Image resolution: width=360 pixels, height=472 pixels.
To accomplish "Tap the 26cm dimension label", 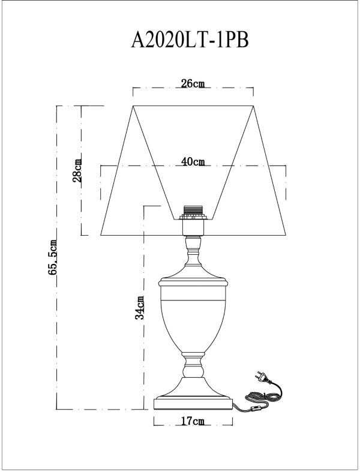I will pyautogui.click(x=192, y=84).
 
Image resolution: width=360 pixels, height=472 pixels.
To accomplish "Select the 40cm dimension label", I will pyautogui.click(x=193, y=161).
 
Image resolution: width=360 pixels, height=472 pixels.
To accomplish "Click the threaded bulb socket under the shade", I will pyautogui.click(x=193, y=213).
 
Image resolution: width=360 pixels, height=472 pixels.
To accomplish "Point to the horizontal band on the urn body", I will pyautogui.click(x=193, y=298).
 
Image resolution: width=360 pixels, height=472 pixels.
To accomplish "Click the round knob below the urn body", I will pyautogui.click(x=193, y=364).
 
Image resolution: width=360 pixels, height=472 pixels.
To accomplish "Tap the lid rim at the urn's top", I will pyautogui.click(x=193, y=280).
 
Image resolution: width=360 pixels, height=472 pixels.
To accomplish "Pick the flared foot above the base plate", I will pyautogui.click(x=193, y=384).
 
